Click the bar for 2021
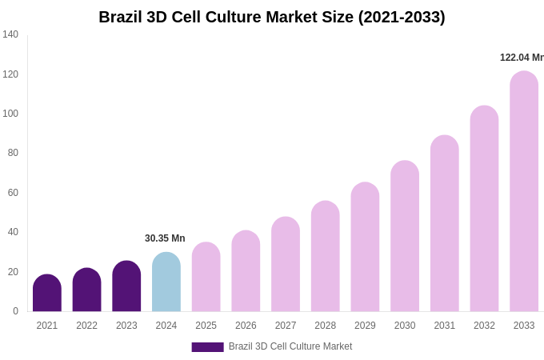point(47,294)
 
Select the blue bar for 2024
point(166,282)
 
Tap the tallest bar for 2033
point(524,192)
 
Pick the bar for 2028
point(326,257)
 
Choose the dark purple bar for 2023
point(126,286)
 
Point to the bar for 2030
point(405,237)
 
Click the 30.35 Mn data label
point(165,238)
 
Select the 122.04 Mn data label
point(522,58)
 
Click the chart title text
point(272,17)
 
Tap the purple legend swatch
point(207,347)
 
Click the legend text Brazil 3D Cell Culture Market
point(290,346)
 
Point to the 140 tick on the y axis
point(10,34)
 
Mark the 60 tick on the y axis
point(13,193)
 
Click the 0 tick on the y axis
point(15,311)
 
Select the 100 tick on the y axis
point(10,114)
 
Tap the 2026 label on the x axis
point(246,326)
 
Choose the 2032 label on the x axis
point(484,326)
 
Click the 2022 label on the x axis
point(86,326)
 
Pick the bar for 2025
point(206,278)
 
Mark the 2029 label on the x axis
point(365,326)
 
